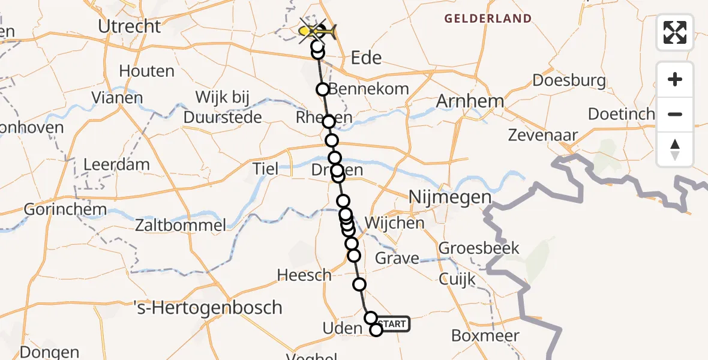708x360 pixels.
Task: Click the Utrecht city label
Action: [x=130, y=26]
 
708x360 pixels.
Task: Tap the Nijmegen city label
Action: [x=449, y=197]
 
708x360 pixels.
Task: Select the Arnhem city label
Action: [x=470, y=101]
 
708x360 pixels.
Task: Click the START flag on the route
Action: [x=394, y=324]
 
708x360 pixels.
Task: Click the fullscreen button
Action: [x=675, y=32]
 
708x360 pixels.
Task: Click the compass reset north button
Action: [x=675, y=149]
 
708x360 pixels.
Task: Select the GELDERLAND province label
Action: [x=488, y=19]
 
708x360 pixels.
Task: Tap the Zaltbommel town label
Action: [x=181, y=226]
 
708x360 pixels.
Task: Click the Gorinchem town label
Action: [x=65, y=210]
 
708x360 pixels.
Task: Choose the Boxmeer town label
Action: [x=485, y=335]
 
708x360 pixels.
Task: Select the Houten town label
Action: [x=146, y=71]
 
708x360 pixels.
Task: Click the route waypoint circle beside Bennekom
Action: [x=323, y=90]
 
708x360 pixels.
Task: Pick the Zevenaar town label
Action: [x=542, y=135]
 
